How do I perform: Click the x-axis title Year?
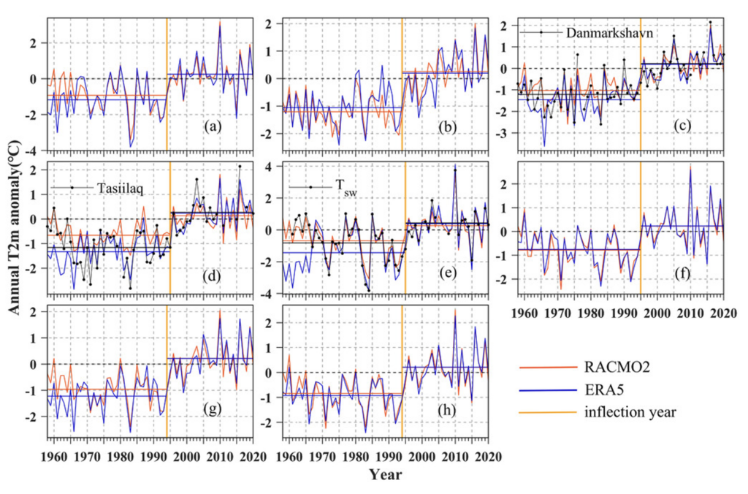click(383, 475)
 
